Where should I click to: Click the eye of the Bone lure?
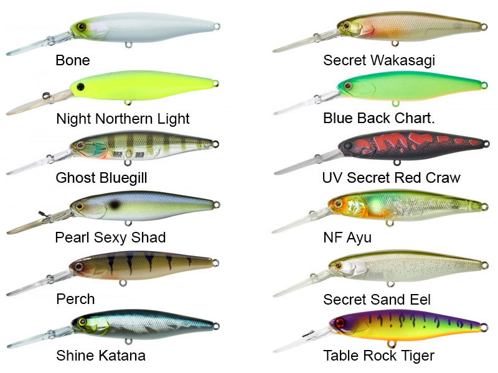pos(82,26)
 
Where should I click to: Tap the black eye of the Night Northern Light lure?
pos(81,86)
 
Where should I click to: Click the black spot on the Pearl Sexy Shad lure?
pos(114,205)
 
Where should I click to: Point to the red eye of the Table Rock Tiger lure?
pos(340,323)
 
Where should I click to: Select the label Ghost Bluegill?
pos(101,178)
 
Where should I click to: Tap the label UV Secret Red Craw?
pos(392,178)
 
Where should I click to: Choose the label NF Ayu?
pos(347,237)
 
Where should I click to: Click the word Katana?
pos(122,356)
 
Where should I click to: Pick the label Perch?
pos(75,299)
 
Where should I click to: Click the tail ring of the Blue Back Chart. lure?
pos(484,85)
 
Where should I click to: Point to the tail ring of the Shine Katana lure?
pos(216,326)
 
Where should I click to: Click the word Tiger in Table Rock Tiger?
pos(418,356)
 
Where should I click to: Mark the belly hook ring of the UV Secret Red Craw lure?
pos(397,163)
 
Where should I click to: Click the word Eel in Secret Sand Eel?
pos(420,300)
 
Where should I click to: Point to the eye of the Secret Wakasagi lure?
pos(346,25)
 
